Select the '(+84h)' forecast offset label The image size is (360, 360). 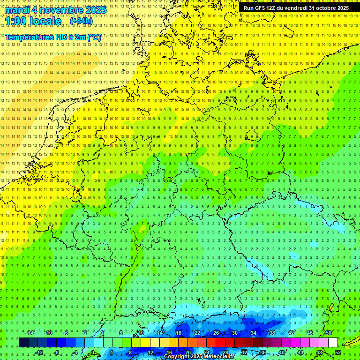click(81, 21)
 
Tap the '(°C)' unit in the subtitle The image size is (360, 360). click(93, 37)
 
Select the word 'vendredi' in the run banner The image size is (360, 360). click(293, 8)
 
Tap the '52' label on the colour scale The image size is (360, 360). click(338, 352)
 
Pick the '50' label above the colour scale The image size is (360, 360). click(329, 333)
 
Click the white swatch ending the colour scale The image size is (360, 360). click(333, 343)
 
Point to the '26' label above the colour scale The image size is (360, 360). click(216, 333)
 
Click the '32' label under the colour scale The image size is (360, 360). click(244, 352)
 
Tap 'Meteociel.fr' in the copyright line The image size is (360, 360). click(219, 357)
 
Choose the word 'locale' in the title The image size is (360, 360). click(46, 21)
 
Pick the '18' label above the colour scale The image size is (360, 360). click(179, 333)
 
